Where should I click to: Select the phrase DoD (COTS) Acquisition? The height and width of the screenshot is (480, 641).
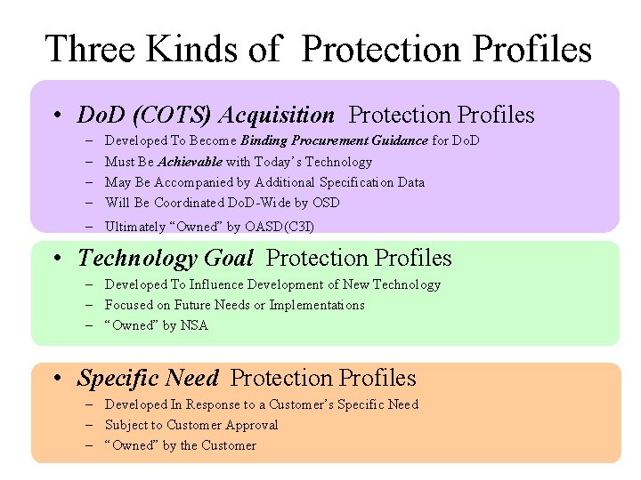(206, 116)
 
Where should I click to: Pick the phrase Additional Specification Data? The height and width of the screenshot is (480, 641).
(340, 182)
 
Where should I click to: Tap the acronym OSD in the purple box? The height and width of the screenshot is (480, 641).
(326, 203)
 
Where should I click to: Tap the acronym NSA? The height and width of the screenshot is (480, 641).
(194, 325)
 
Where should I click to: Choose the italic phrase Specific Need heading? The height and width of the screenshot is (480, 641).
(148, 379)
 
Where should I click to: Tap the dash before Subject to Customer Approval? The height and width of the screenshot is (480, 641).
(92, 425)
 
